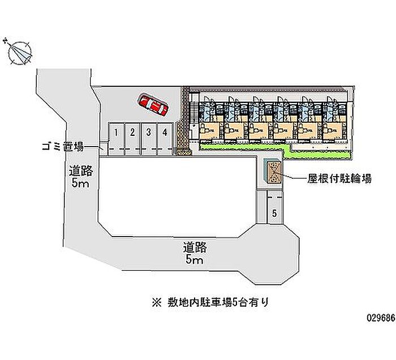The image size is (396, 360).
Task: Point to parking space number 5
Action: (274, 213)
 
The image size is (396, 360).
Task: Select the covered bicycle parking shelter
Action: (273, 171)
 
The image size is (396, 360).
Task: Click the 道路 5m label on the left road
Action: (81, 177)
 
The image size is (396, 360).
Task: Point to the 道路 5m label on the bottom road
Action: (193, 253)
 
